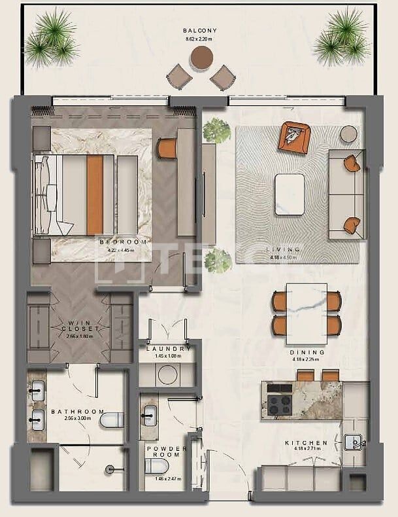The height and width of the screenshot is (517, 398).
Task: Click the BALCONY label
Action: point(200,30)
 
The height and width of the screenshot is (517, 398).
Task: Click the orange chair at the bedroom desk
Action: point(167,149)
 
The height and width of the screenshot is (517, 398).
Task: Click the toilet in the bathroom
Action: point(112,419)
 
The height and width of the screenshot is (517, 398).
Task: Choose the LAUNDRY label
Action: point(168,349)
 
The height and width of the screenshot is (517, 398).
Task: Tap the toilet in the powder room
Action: point(157,466)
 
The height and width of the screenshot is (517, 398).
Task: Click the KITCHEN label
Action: point(306,443)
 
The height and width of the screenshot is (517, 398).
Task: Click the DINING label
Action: point(308,352)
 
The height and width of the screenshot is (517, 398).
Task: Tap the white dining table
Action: point(306,313)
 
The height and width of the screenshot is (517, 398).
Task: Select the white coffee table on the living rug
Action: point(289,194)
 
